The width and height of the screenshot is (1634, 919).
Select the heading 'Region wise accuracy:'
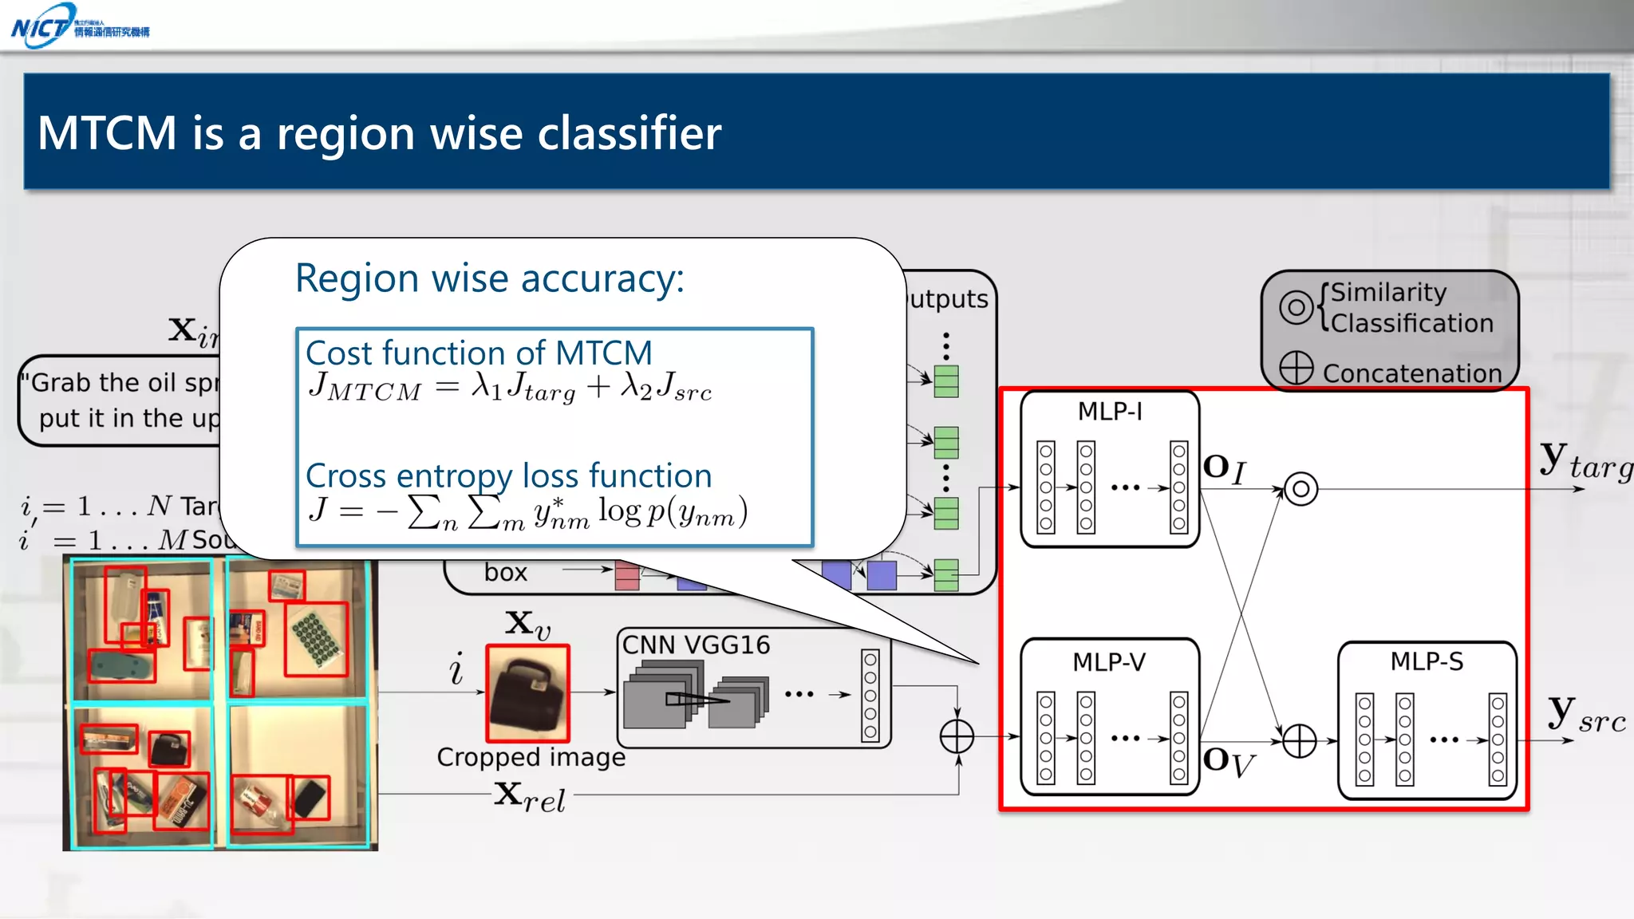point(489,278)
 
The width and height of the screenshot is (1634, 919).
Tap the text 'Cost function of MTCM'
point(479,353)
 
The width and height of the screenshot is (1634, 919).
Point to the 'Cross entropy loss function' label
point(508,475)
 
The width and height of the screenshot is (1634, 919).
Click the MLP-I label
point(1110,412)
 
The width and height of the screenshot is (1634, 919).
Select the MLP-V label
point(1109,662)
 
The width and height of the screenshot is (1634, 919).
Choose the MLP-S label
point(1427,661)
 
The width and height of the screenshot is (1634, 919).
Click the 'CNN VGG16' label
point(696,645)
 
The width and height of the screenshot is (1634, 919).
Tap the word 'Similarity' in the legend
point(1388,292)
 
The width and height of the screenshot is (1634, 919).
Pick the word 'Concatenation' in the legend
point(1412,373)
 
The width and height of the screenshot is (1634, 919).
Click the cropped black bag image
point(527,693)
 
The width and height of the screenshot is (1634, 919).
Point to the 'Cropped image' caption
point(531,757)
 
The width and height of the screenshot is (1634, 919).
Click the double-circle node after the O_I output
point(1300,488)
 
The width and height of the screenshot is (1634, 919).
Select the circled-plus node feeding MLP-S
point(1299,741)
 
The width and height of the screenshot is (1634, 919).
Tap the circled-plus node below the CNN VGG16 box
point(957,736)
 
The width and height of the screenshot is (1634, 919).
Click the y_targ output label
point(1584,461)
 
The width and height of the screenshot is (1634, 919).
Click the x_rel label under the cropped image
point(529,797)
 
